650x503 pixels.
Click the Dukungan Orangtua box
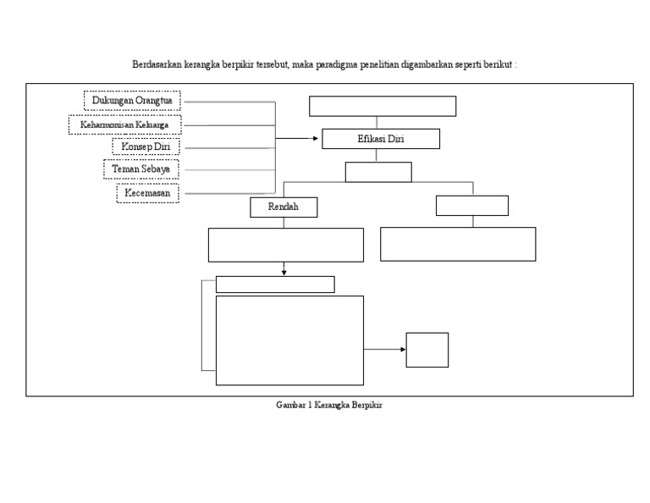click(x=132, y=101)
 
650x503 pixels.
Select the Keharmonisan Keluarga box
click(x=124, y=124)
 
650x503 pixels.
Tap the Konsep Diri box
click(x=145, y=146)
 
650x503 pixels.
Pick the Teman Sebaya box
click(x=141, y=169)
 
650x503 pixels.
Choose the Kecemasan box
click(x=147, y=193)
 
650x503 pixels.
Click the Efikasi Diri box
click(x=381, y=139)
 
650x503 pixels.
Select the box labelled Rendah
click(x=284, y=207)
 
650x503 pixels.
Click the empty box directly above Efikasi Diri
click(x=383, y=106)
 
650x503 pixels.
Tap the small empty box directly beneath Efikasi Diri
click(x=378, y=172)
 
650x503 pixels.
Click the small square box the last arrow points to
click(x=427, y=350)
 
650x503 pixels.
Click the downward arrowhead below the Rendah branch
click(x=284, y=272)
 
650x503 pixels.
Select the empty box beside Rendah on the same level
click(x=472, y=206)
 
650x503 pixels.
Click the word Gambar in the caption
click(x=291, y=406)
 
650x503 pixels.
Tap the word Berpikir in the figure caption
click(x=366, y=406)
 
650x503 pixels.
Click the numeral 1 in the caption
click(x=311, y=406)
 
